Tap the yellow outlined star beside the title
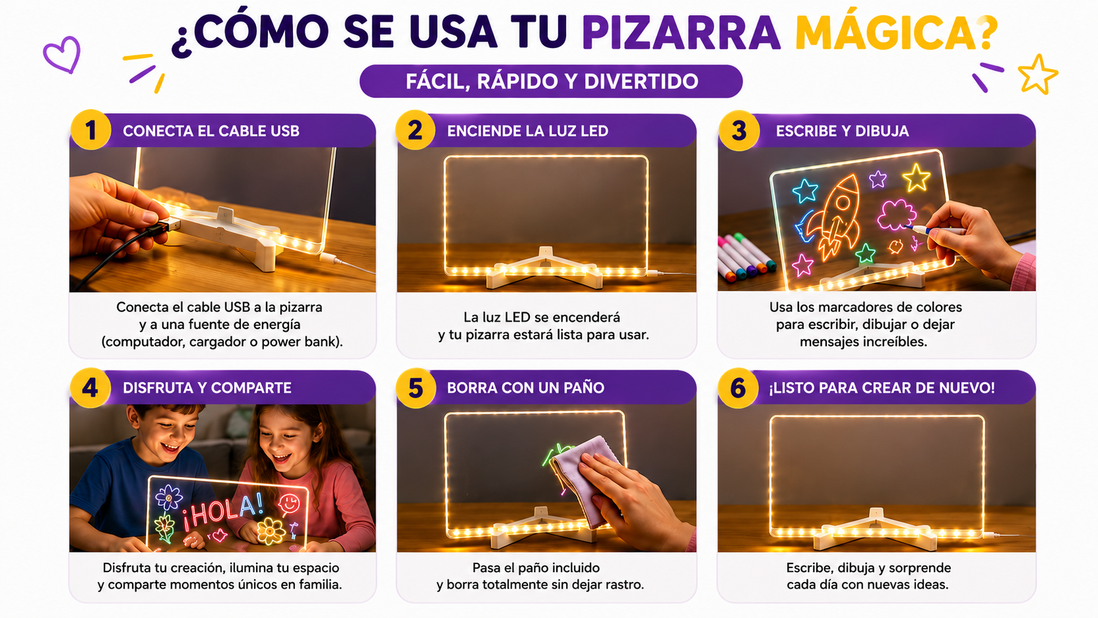1037,74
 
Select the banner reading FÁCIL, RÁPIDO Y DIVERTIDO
551,81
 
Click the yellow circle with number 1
91,130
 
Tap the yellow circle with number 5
416,387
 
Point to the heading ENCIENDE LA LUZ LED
527,131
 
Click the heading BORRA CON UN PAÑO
525,388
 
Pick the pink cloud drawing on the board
896,213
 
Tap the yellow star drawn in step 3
916,177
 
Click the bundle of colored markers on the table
745,257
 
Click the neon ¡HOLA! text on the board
223,512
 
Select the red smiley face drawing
289,504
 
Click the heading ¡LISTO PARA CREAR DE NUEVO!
881,388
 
